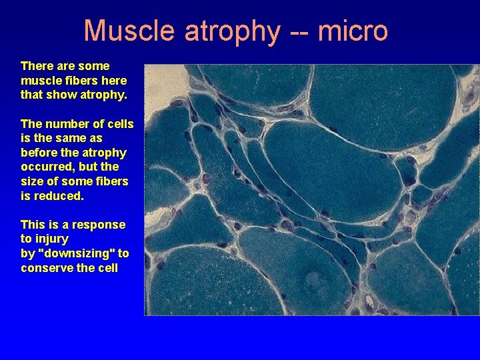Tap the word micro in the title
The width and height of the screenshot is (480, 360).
353,31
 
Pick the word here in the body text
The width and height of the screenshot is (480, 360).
113,81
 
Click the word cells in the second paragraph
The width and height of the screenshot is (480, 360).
120,124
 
